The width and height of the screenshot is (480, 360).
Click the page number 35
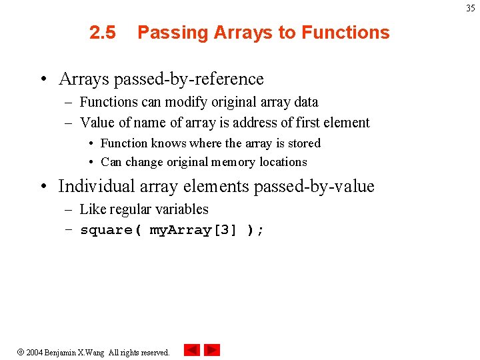[x=471, y=9]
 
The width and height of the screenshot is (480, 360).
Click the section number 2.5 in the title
[x=103, y=33]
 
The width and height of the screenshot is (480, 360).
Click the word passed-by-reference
[x=189, y=79]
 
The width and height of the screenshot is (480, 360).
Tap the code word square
[x=106, y=231]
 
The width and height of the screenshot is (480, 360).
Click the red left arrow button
[x=192, y=350]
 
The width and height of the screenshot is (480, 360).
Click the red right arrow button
[x=212, y=350]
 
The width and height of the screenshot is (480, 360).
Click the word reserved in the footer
[x=154, y=353]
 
